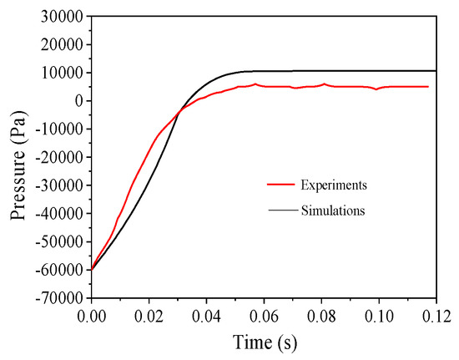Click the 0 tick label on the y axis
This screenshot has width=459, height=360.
click(77, 101)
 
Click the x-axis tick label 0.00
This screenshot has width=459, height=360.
click(92, 317)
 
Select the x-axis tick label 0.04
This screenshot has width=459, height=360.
click(207, 317)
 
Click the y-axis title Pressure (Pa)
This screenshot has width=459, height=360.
click(18, 157)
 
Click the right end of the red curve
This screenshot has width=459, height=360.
click(428, 86)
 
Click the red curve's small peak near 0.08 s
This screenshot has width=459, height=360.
click(324, 84)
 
